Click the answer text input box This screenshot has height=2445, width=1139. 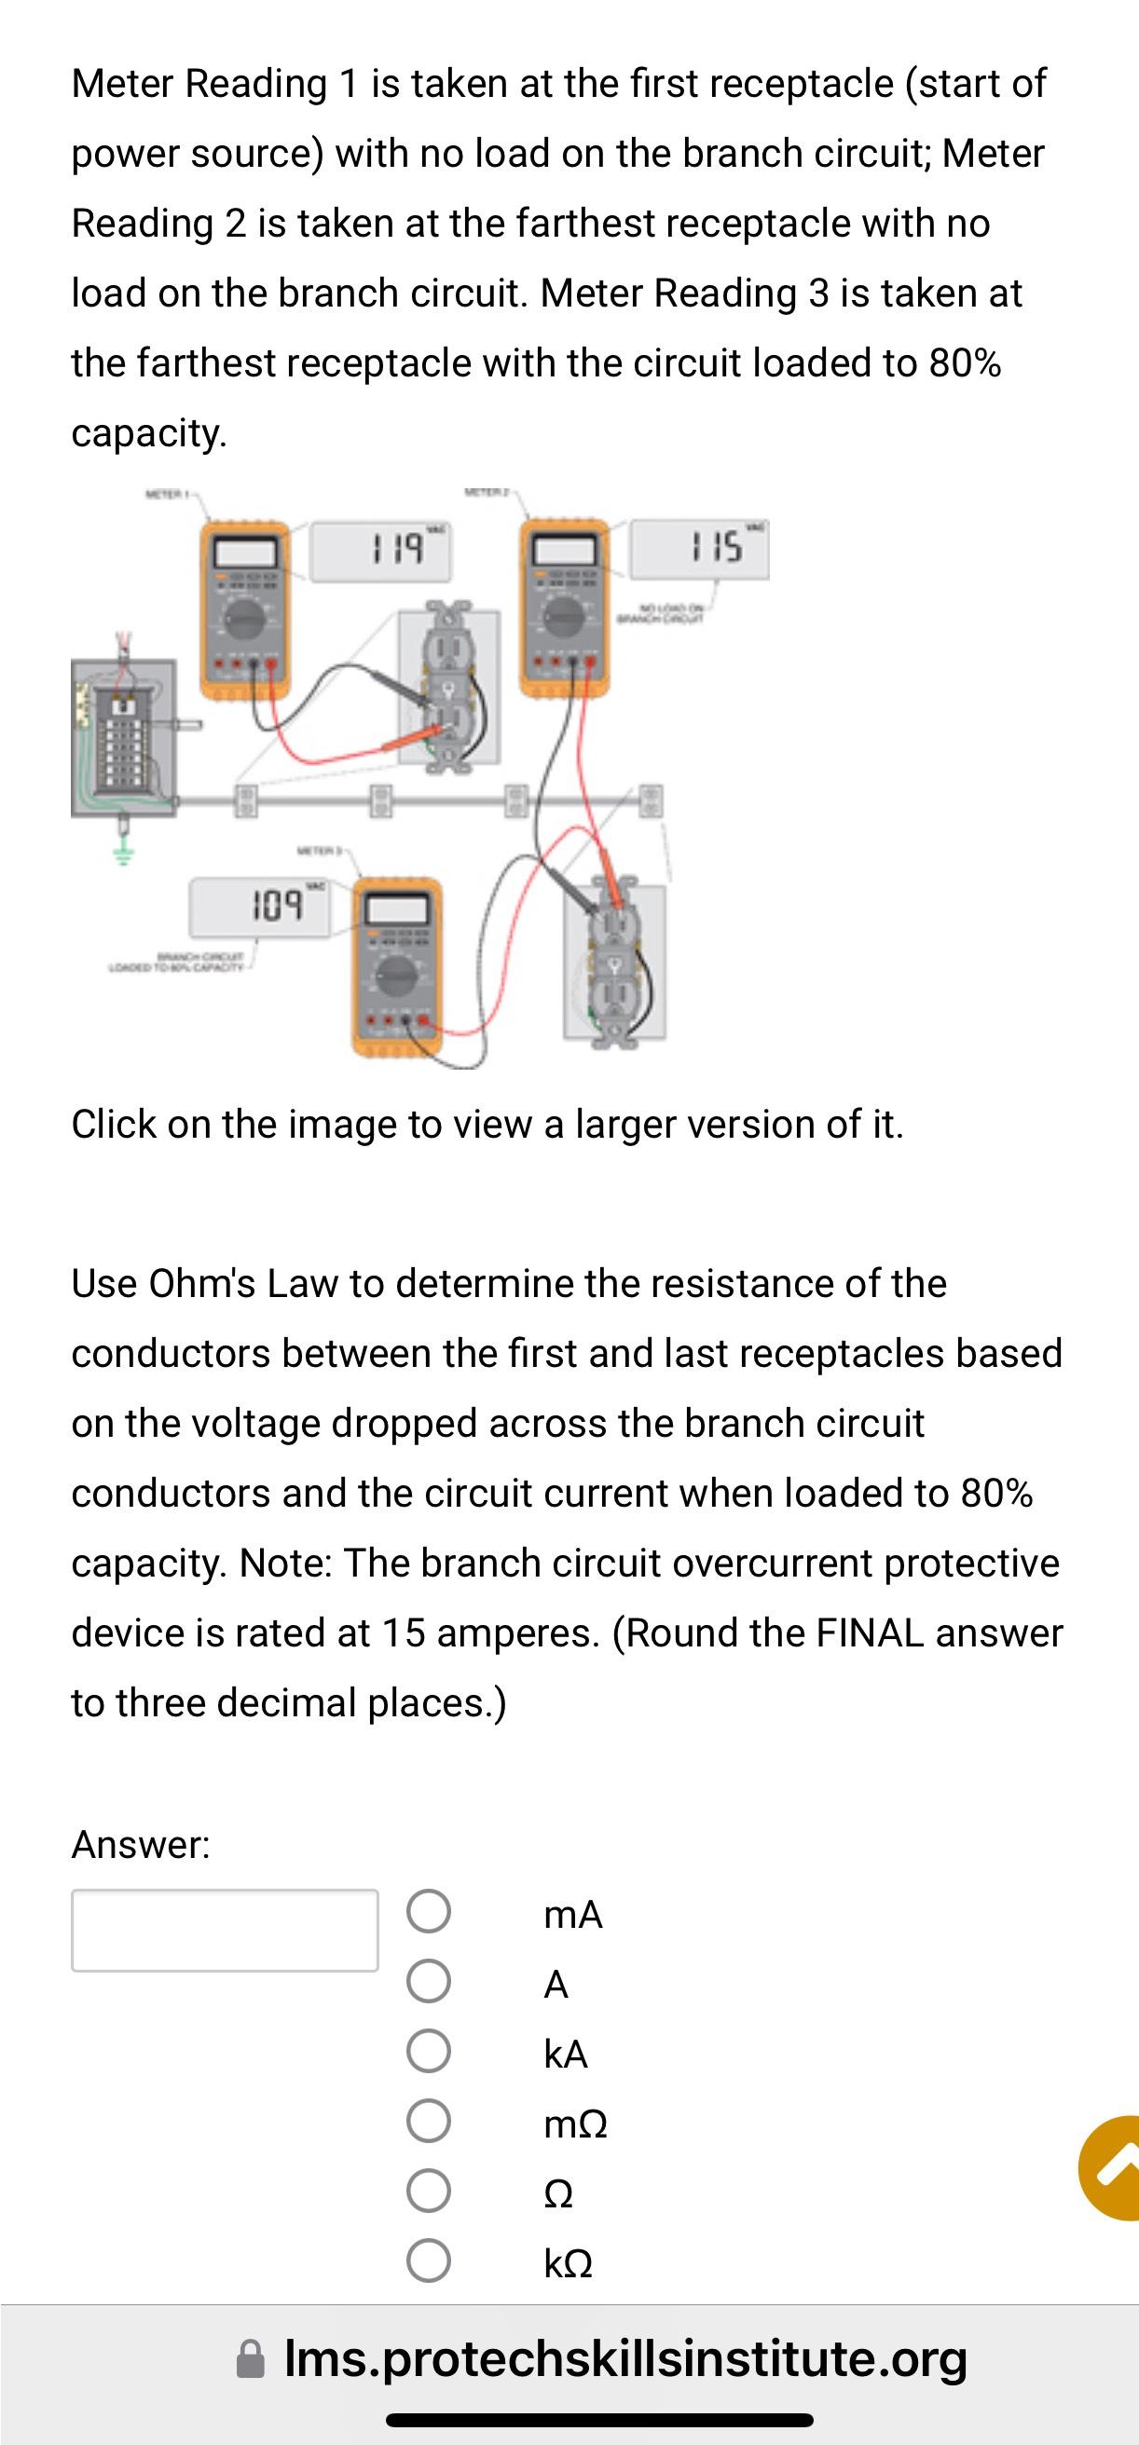point(225,1930)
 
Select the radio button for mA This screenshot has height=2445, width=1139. point(428,1912)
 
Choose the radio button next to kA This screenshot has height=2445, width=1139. point(428,2051)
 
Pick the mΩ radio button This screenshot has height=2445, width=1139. point(428,2121)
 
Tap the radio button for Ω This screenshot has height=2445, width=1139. point(428,2191)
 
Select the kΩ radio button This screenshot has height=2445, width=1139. point(428,2261)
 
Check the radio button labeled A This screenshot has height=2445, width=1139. point(428,1982)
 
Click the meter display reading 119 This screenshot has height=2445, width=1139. point(381,551)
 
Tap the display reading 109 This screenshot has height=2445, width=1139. point(260,907)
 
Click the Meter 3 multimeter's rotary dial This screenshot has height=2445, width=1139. point(398,977)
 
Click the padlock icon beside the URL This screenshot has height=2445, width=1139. point(251,2360)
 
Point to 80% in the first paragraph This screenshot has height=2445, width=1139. point(965,362)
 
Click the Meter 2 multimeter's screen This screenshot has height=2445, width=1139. point(564,551)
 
